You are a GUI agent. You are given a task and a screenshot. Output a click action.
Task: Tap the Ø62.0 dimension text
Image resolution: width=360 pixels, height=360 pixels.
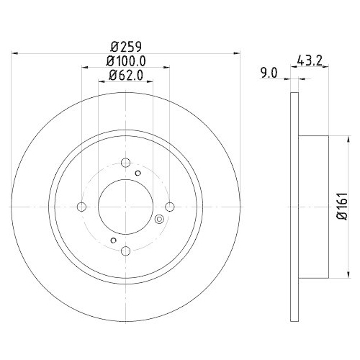pos(125,75)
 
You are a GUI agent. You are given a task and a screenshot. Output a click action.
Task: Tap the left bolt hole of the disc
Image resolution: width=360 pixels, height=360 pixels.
pos(81,207)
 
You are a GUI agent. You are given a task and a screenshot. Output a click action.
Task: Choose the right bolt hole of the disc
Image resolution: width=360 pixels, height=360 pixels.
pos(170,207)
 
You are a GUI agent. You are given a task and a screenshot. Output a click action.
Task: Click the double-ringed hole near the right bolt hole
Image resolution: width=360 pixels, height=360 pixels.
pos(159,219)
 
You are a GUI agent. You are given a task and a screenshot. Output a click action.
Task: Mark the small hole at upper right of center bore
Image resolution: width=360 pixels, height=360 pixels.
pos(138,174)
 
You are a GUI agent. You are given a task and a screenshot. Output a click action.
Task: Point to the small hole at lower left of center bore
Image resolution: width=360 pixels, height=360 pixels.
pos(113,240)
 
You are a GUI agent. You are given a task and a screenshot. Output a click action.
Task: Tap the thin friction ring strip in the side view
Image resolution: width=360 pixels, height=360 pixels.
pos(293,207)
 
